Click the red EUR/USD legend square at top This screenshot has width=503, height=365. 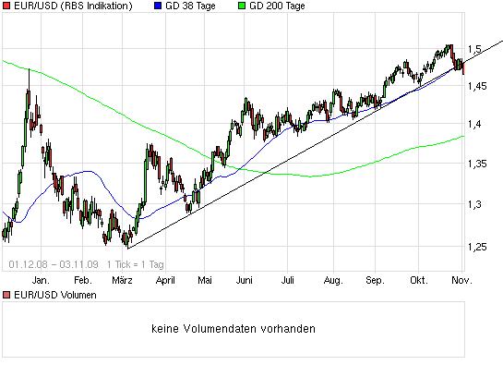click(6, 6)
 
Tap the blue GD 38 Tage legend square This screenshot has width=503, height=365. click(156, 6)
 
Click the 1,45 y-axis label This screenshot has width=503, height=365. click(477, 85)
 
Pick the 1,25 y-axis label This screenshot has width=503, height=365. click(477, 247)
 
